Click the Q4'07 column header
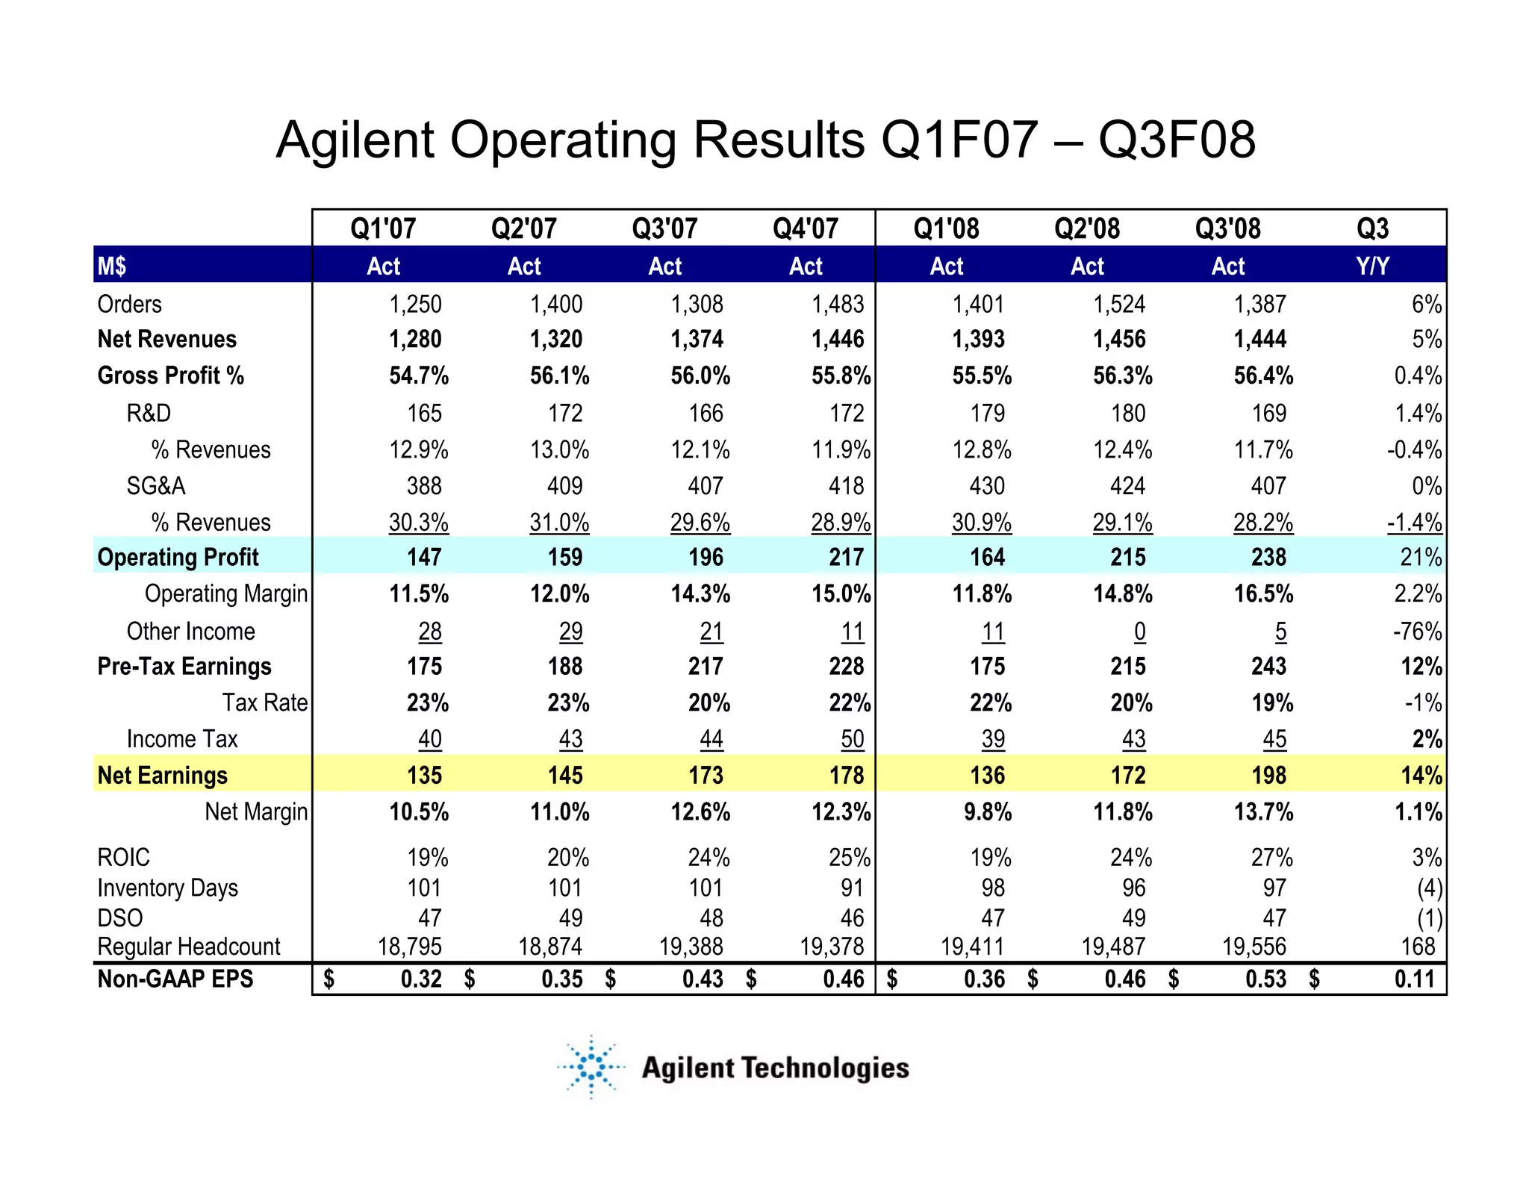(x=805, y=228)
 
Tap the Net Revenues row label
(x=166, y=339)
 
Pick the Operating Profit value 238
(x=1268, y=557)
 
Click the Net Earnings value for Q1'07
(x=424, y=775)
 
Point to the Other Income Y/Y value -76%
(x=1416, y=632)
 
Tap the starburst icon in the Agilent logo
(x=591, y=1067)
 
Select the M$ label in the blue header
(x=112, y=266)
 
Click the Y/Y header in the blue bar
(x=1372, y=266)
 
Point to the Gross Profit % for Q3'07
(x=700, y=376)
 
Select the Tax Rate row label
(x=264, y=702)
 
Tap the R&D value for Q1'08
(x=987, y=413)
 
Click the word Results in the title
(x=779, y=140)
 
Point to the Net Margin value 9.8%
(x=987, y=811)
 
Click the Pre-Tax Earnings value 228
(x=846, y=666)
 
